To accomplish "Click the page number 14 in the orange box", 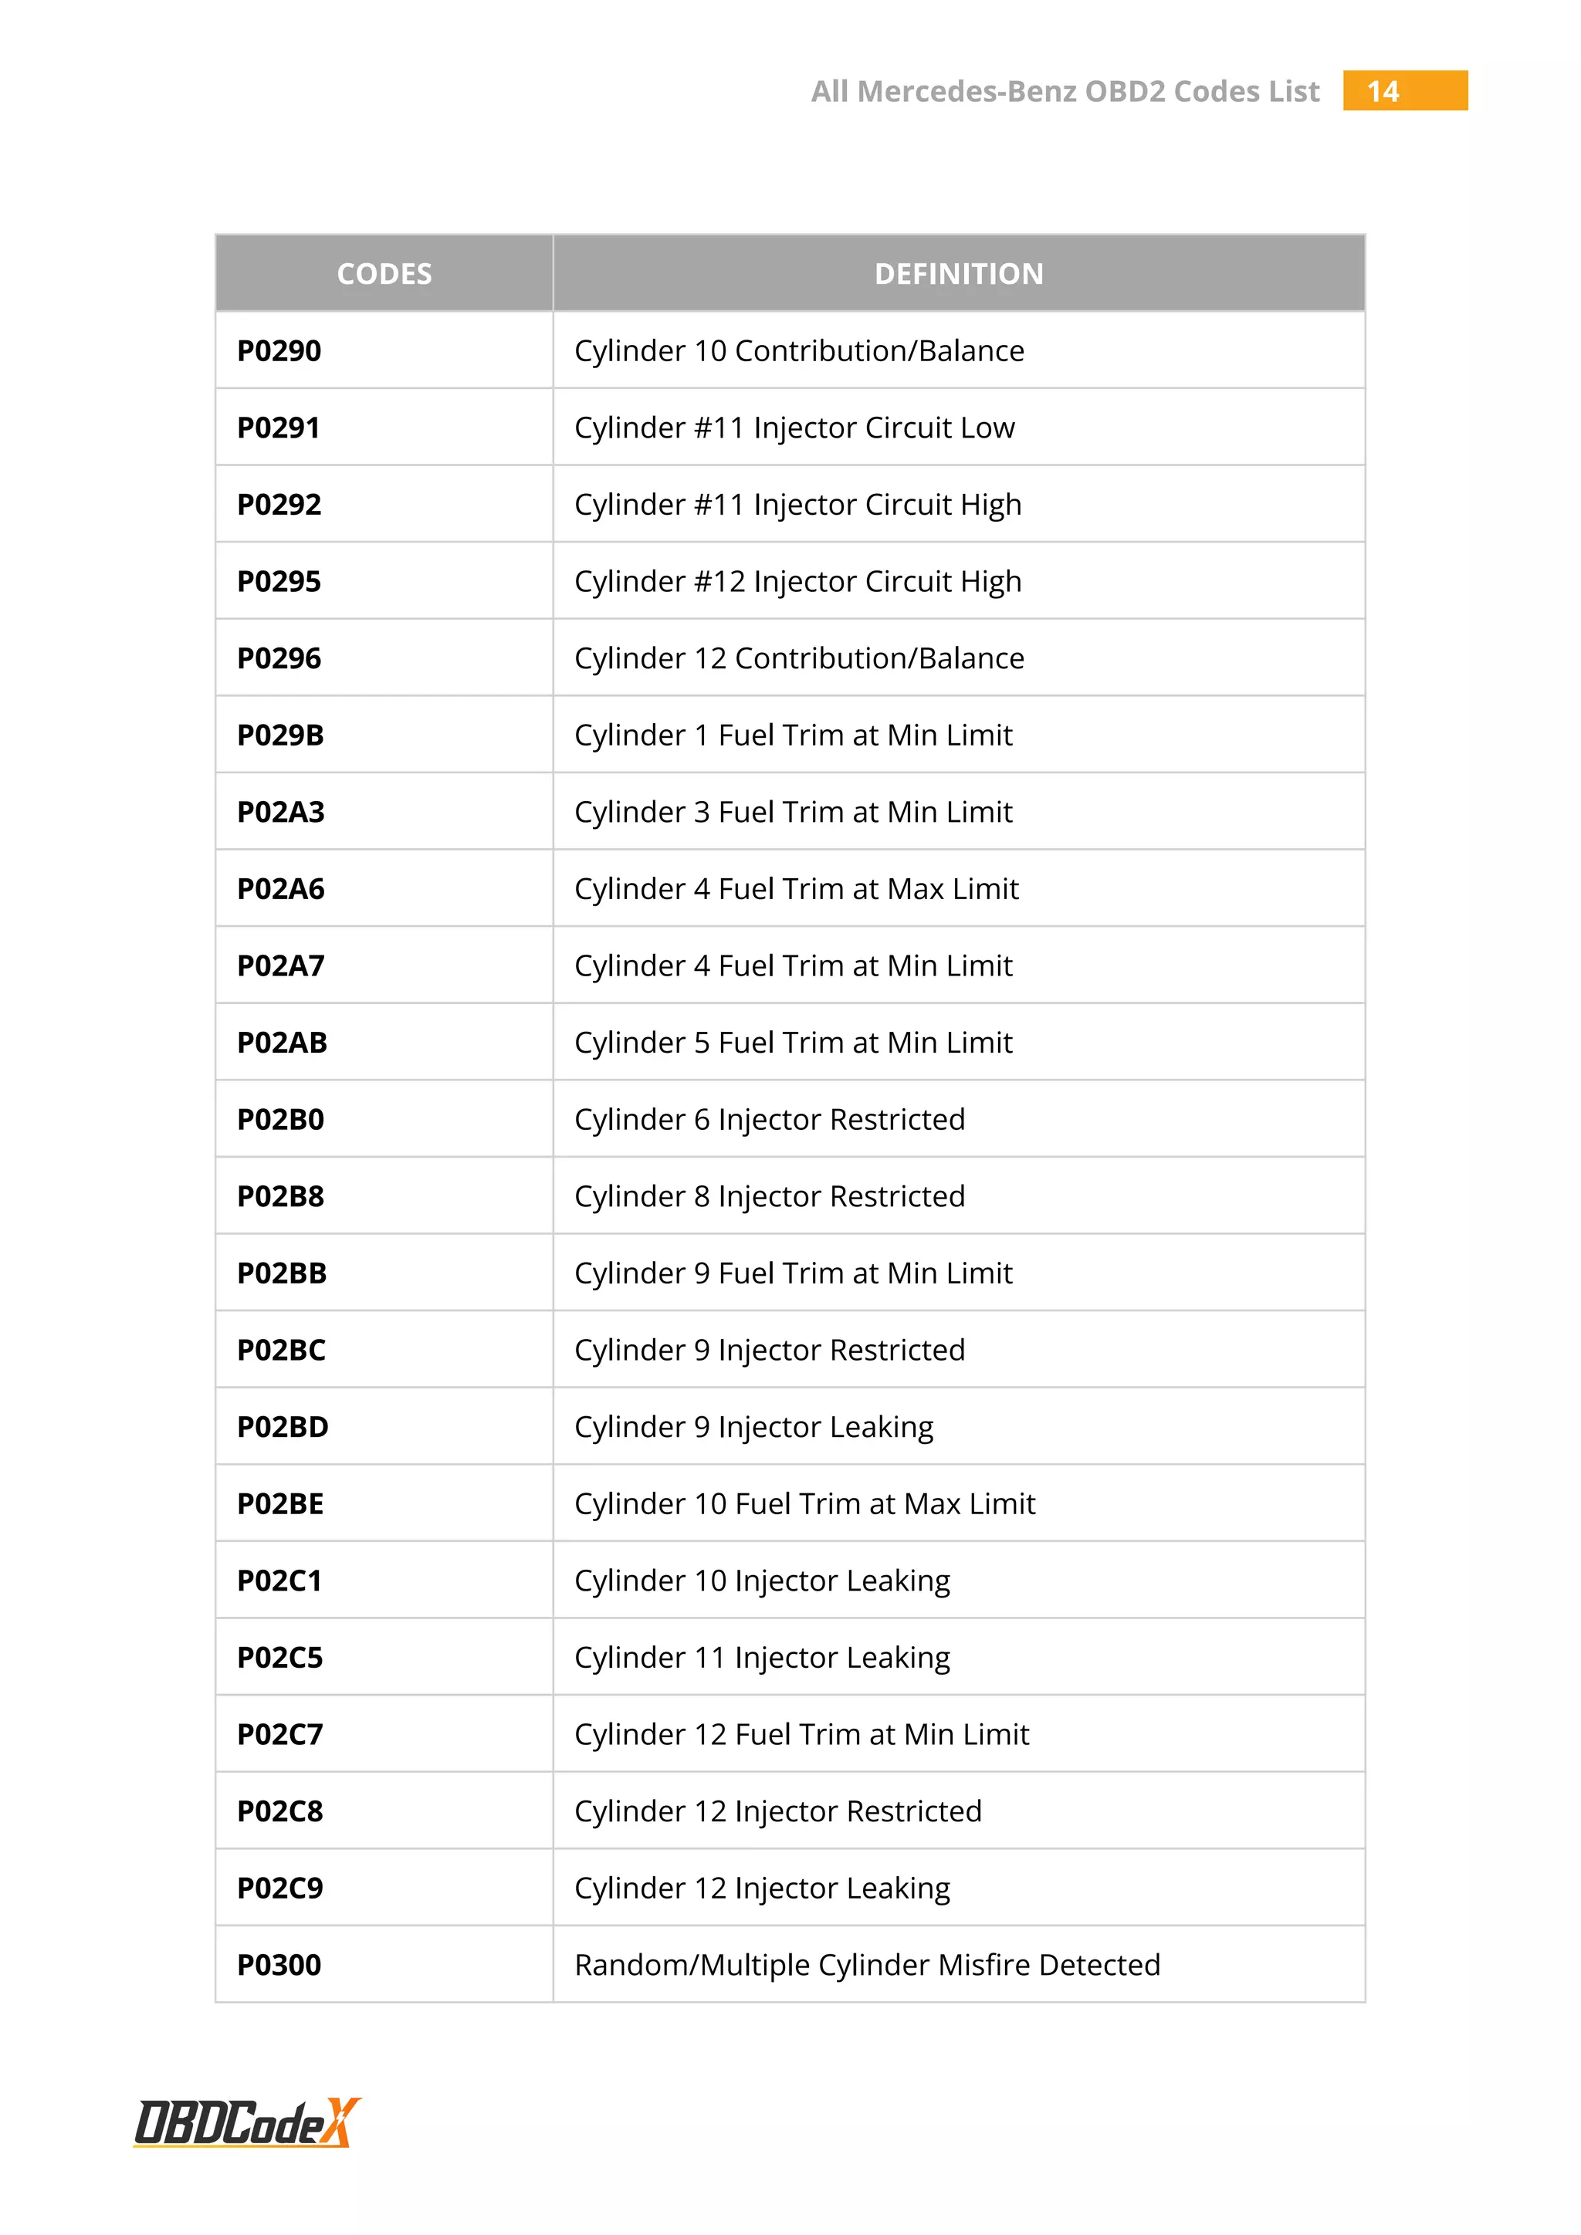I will [1383, 92].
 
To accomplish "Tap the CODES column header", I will [384, 273].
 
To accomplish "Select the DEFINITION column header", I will [958, 273].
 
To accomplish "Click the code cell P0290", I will [279, 350].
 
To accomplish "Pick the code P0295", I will [279, 581].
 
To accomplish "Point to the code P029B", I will [280, 735].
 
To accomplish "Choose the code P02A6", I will [280, 889].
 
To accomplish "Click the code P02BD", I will [283, 1427].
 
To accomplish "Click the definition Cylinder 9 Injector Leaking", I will [753, 1427].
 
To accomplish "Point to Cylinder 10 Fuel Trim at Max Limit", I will [804, 1504].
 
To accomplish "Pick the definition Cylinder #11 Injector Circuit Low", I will [794, 428].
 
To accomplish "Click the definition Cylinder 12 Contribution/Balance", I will [799, 658].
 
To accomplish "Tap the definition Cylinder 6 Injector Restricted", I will [769, 1120].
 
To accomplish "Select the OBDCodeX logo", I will [247, 2122].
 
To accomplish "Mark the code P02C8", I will [280, 1811].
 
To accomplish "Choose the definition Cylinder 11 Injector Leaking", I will [762, 1658].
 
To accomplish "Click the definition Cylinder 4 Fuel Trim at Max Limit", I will [797, 889].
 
